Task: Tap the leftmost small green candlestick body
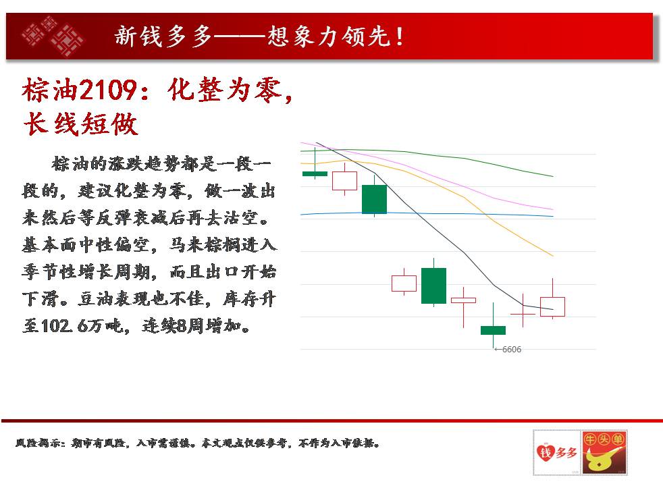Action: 315,173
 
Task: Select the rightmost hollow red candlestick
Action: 553,306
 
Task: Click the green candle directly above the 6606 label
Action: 493,330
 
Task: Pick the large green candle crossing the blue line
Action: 374,199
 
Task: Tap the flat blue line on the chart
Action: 427,214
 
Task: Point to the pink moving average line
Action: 427,172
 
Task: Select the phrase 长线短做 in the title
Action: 81,124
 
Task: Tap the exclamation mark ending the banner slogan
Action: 400,36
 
